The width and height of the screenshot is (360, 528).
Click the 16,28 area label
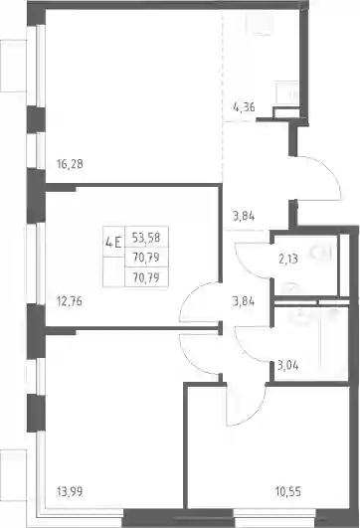click(x=70, y=165)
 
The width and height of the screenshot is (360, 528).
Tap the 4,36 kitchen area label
click(x=244, y=107)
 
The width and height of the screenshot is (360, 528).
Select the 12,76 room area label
click(x=70, y=301)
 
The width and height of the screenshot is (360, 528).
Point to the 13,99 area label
click(x=70, y=491)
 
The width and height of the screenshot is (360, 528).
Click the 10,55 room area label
click(x=288, y=491)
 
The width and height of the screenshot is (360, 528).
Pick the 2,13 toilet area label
click(x=288, y=260)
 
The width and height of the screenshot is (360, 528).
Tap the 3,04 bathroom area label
click(x=288, y=365)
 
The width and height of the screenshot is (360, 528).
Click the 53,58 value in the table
click(x=146, y=238)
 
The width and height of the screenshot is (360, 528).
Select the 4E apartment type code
click(x=113, y=242)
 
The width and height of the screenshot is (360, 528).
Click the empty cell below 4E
click(x=113, y=271)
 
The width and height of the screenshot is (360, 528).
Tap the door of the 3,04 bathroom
click(x=249, y=351)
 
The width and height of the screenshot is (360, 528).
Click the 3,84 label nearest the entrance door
click(x=244, y=216)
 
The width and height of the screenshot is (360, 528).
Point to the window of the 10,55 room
click(x=274, y=513)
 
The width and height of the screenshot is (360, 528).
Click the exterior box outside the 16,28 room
click(x=13, y=66)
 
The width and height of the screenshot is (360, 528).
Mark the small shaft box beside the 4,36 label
click(x=286, y=112)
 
